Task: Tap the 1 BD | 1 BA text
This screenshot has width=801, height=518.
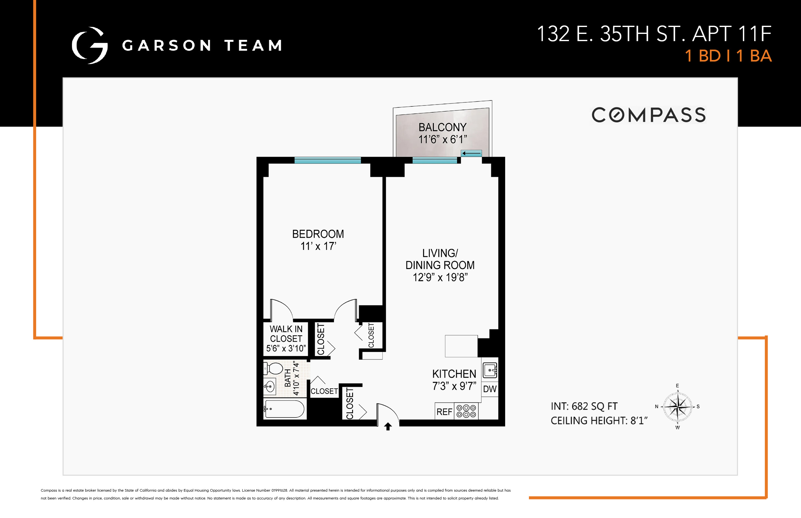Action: (x=728, y=56)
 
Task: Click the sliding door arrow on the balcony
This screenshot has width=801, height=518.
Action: (x=471, y=154)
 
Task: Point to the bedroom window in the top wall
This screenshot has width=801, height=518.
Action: (x=327, y=160)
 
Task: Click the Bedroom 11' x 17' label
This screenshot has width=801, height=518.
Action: (x=318, y=240)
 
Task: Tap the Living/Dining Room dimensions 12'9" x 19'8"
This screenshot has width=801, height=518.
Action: (x=440, y=278)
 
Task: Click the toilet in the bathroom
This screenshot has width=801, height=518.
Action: (x=274, y=369)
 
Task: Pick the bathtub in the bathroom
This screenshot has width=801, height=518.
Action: (x=284, y=409)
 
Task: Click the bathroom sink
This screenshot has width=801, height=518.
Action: (x=269, y=386)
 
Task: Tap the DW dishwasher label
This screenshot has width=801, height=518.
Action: (x=490, y=389)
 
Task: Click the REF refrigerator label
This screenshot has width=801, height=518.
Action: (x=444, y=412)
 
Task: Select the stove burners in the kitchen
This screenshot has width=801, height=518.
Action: (x=466, y=411)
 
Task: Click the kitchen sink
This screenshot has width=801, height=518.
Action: (x=490, y=370)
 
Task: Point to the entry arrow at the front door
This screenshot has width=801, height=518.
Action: (x=388, y=427)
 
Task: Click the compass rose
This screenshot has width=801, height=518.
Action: (x=678, y=407)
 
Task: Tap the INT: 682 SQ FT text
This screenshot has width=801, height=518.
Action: (x=584, y=406)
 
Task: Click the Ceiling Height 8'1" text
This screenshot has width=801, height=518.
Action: (x=599, y=420)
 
